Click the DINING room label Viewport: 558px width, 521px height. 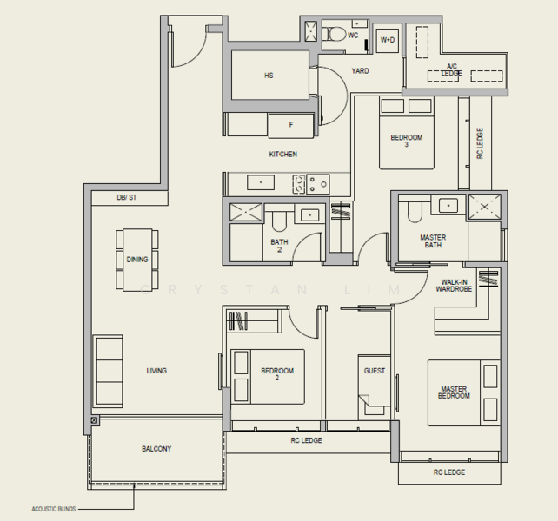point(137,260)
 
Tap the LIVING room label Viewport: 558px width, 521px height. point(156,371)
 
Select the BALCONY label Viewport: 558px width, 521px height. point(156,449)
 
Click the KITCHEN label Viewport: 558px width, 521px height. point(282,155)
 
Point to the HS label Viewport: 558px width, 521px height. point(269,76)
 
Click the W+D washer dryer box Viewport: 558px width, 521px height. point(387,41)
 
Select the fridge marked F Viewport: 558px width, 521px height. point(290,125)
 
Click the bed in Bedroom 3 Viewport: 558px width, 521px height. point(406,135)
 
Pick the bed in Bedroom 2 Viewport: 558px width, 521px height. point(267,376)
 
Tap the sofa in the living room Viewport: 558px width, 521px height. point(108,372)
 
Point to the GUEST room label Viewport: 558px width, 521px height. point(375,371)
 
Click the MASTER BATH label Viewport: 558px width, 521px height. point(432,241)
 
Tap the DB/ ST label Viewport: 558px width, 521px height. point(127,198)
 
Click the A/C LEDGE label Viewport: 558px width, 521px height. point(452,69)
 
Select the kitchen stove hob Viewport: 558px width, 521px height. point(310,183)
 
